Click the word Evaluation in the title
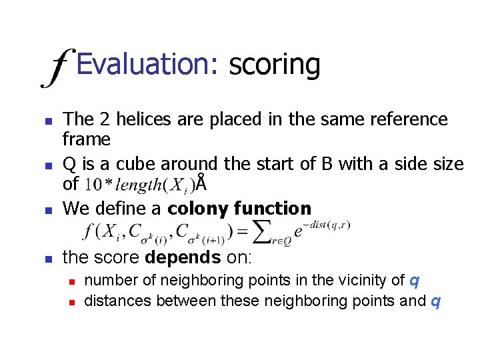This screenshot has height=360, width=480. pos(147,65)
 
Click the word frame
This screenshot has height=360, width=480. pos(86,139)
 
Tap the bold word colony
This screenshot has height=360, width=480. pos(199,209)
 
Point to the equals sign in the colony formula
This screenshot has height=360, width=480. pos(243,232)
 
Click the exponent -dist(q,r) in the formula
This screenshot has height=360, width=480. pos(326,225)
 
